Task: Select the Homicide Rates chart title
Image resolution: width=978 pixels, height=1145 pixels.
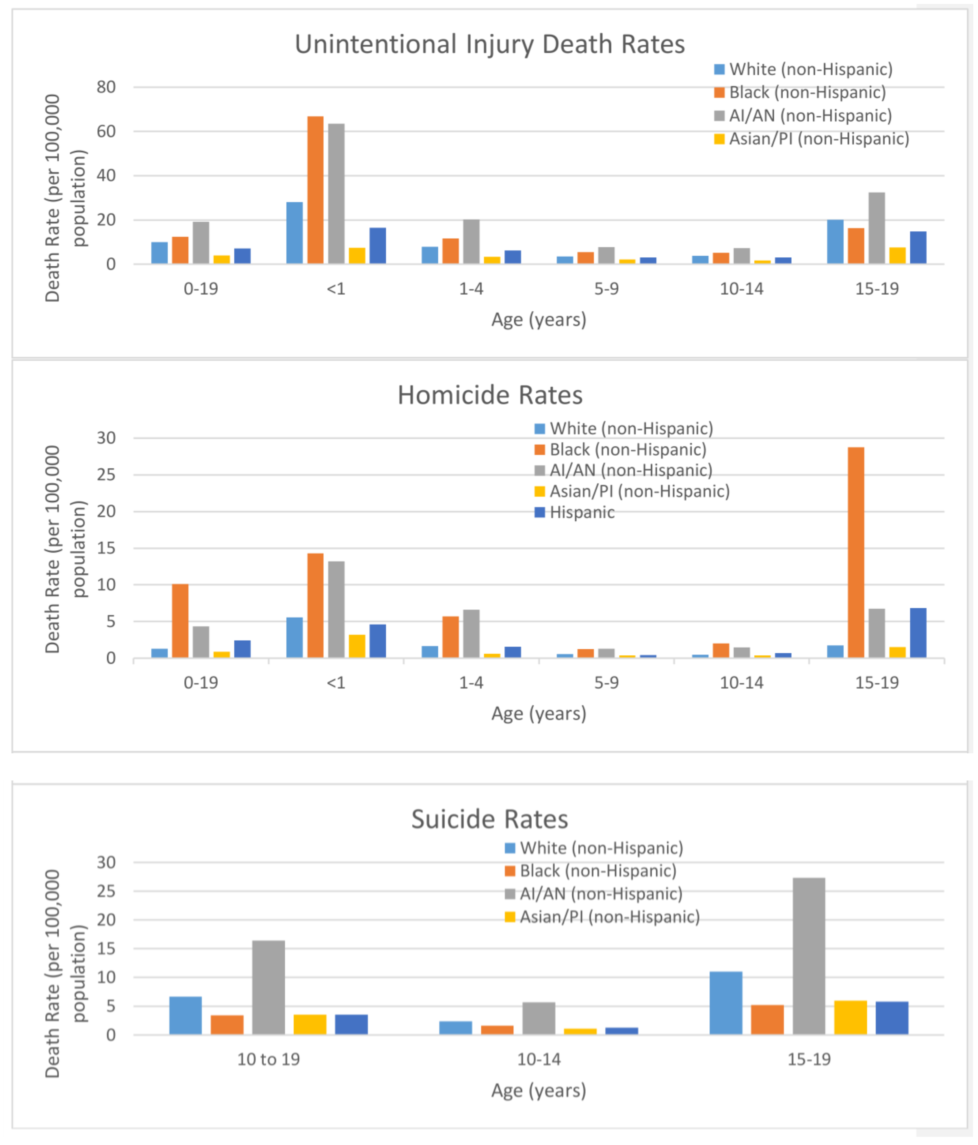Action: (x=490, y=395)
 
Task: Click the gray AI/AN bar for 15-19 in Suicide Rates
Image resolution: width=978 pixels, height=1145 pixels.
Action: (x=809, y=956)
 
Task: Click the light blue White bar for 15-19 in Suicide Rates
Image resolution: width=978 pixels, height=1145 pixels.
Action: (x=726, y=1003)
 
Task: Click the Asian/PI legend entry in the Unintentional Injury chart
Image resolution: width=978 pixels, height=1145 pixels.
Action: (x=818, y=139)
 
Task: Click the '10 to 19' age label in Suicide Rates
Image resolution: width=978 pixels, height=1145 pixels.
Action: (x=269, y=1059)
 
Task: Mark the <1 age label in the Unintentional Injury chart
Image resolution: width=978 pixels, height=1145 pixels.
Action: (x=336, y=288)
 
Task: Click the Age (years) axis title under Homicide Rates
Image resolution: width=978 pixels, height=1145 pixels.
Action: (x=538, y=713)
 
